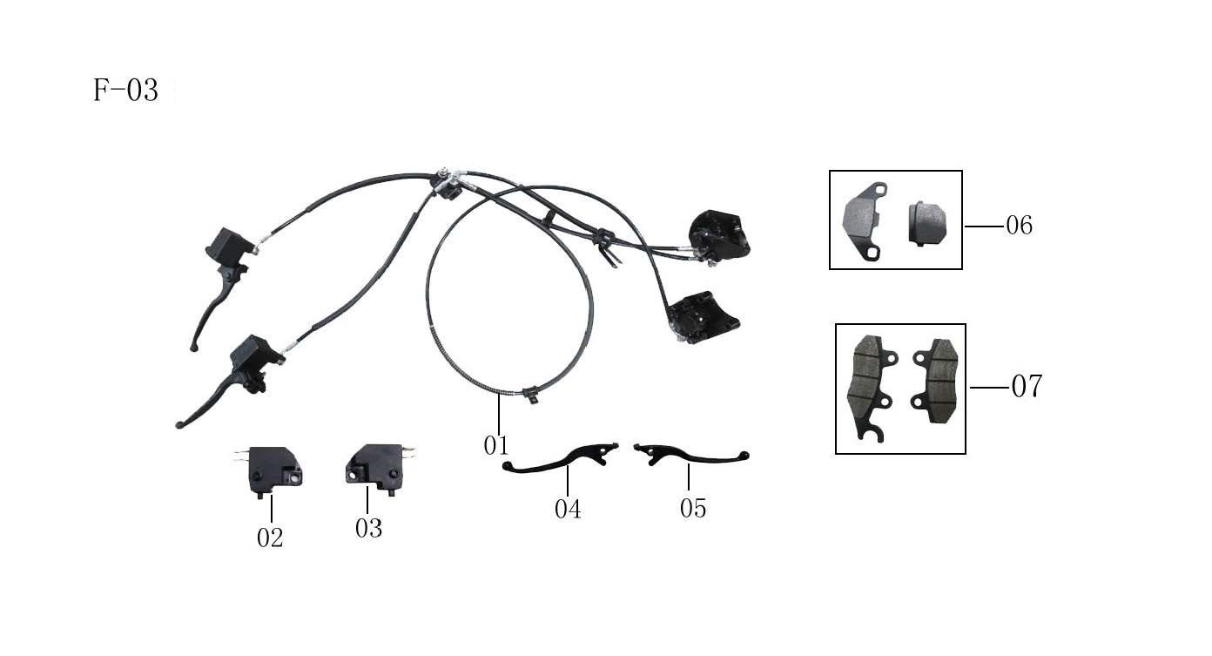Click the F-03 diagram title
[x=125, y=91]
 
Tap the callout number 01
[x=495, y=445]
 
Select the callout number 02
[x=270, y=538]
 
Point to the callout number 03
[x=368, y=528]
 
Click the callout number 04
[x=568, y=509]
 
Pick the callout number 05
[x=693, y=508]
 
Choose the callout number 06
[x=1019, y=226]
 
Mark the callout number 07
[x=1026, y=386]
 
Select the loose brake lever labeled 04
[x=562, y=459]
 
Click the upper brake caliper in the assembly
[x=718, y=233]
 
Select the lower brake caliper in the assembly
[x=704, y=315]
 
